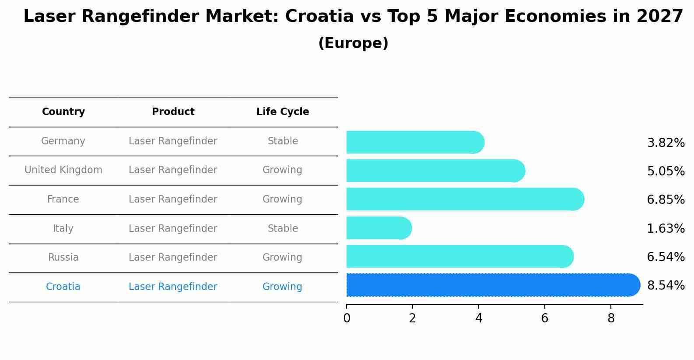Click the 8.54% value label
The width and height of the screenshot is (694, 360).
(666, 286)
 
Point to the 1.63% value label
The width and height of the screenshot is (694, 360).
(666, 228)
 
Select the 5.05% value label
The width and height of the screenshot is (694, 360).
(666, 171)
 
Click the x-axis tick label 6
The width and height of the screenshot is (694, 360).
(544, 318)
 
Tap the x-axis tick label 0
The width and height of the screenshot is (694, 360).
(347, 318)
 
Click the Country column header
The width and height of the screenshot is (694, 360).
(63, 112)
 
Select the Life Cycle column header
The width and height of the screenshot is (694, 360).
(283, 112)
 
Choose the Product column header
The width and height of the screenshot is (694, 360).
(173, 112)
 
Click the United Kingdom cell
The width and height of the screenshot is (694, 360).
(63, 170)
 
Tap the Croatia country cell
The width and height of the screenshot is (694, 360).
(63, 287)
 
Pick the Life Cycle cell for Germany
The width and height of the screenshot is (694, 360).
(283, 141)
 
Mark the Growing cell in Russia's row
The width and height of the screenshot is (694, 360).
(282, 258)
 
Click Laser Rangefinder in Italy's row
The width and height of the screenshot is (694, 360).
(173, 229)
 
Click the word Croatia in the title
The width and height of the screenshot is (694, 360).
(319, 17)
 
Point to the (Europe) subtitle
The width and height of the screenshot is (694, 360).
(353, 43)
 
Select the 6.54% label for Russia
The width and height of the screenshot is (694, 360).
(666, 257)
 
